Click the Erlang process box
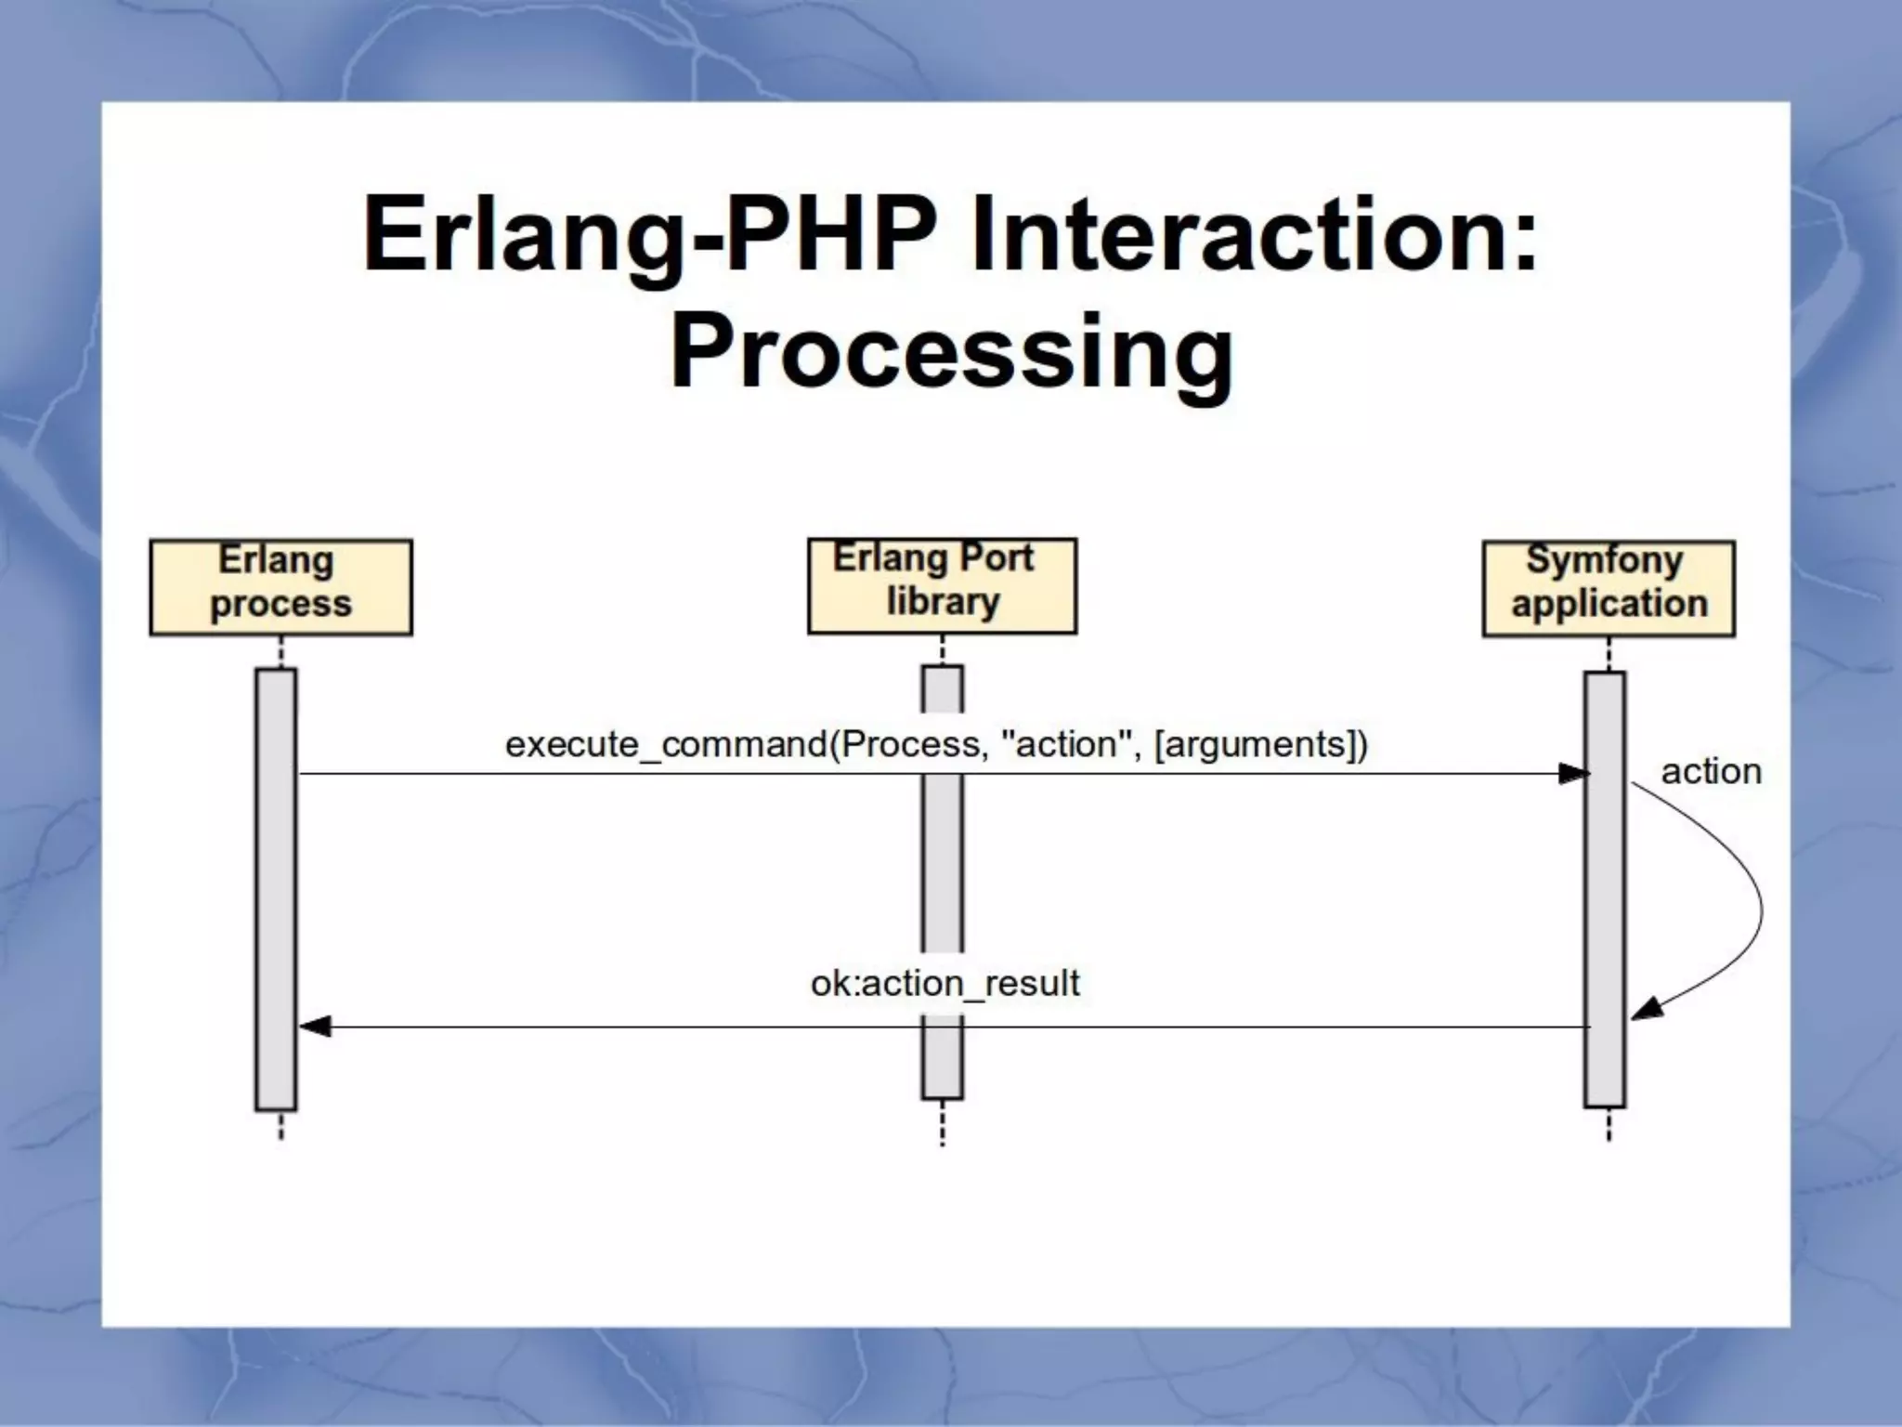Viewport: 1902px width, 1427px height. (x=280, y=587)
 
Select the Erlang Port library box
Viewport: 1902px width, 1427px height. (x=942, y=585)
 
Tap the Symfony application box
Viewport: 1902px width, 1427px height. (x=1608, y=588)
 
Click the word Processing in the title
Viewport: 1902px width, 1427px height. (x=951, y=353)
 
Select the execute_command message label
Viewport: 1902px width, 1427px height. (x=936, y=744)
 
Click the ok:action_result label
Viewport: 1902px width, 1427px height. (x=944, y=983)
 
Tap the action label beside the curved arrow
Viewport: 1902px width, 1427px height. (x=1711, y=771)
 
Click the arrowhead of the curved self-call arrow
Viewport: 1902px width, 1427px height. (x=1646, y=1009)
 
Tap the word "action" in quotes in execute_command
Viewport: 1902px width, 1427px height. (x=1065, y=744)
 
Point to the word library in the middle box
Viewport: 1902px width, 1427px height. (x=943, y=602)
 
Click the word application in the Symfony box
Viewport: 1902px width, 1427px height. (x=1609, y=604)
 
